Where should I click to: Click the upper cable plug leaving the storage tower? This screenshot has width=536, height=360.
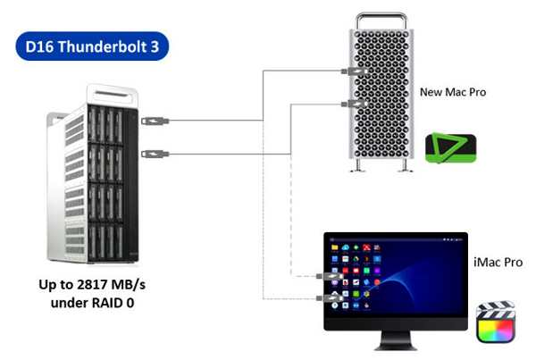click(152, 119)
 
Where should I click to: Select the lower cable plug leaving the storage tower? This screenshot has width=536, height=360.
click(152, 153)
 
